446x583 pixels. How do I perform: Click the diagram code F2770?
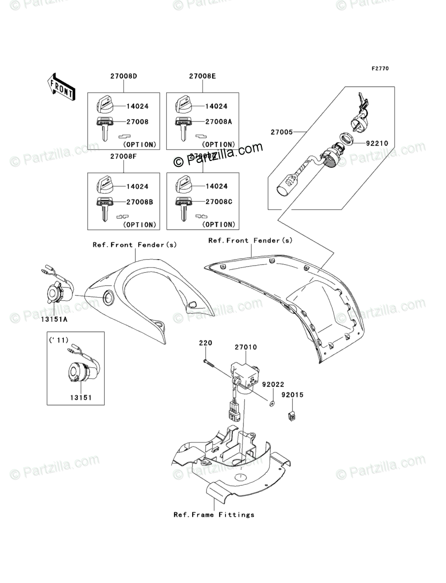pos(379,68)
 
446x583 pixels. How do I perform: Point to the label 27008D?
pos(124,76)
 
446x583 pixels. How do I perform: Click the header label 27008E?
pos(203,76)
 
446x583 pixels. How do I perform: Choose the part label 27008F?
pos(124,156)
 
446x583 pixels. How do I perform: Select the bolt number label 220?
pos(206,343)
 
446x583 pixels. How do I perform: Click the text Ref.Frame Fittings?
pos(214,515)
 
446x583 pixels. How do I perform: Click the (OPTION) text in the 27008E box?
pos(218,145)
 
